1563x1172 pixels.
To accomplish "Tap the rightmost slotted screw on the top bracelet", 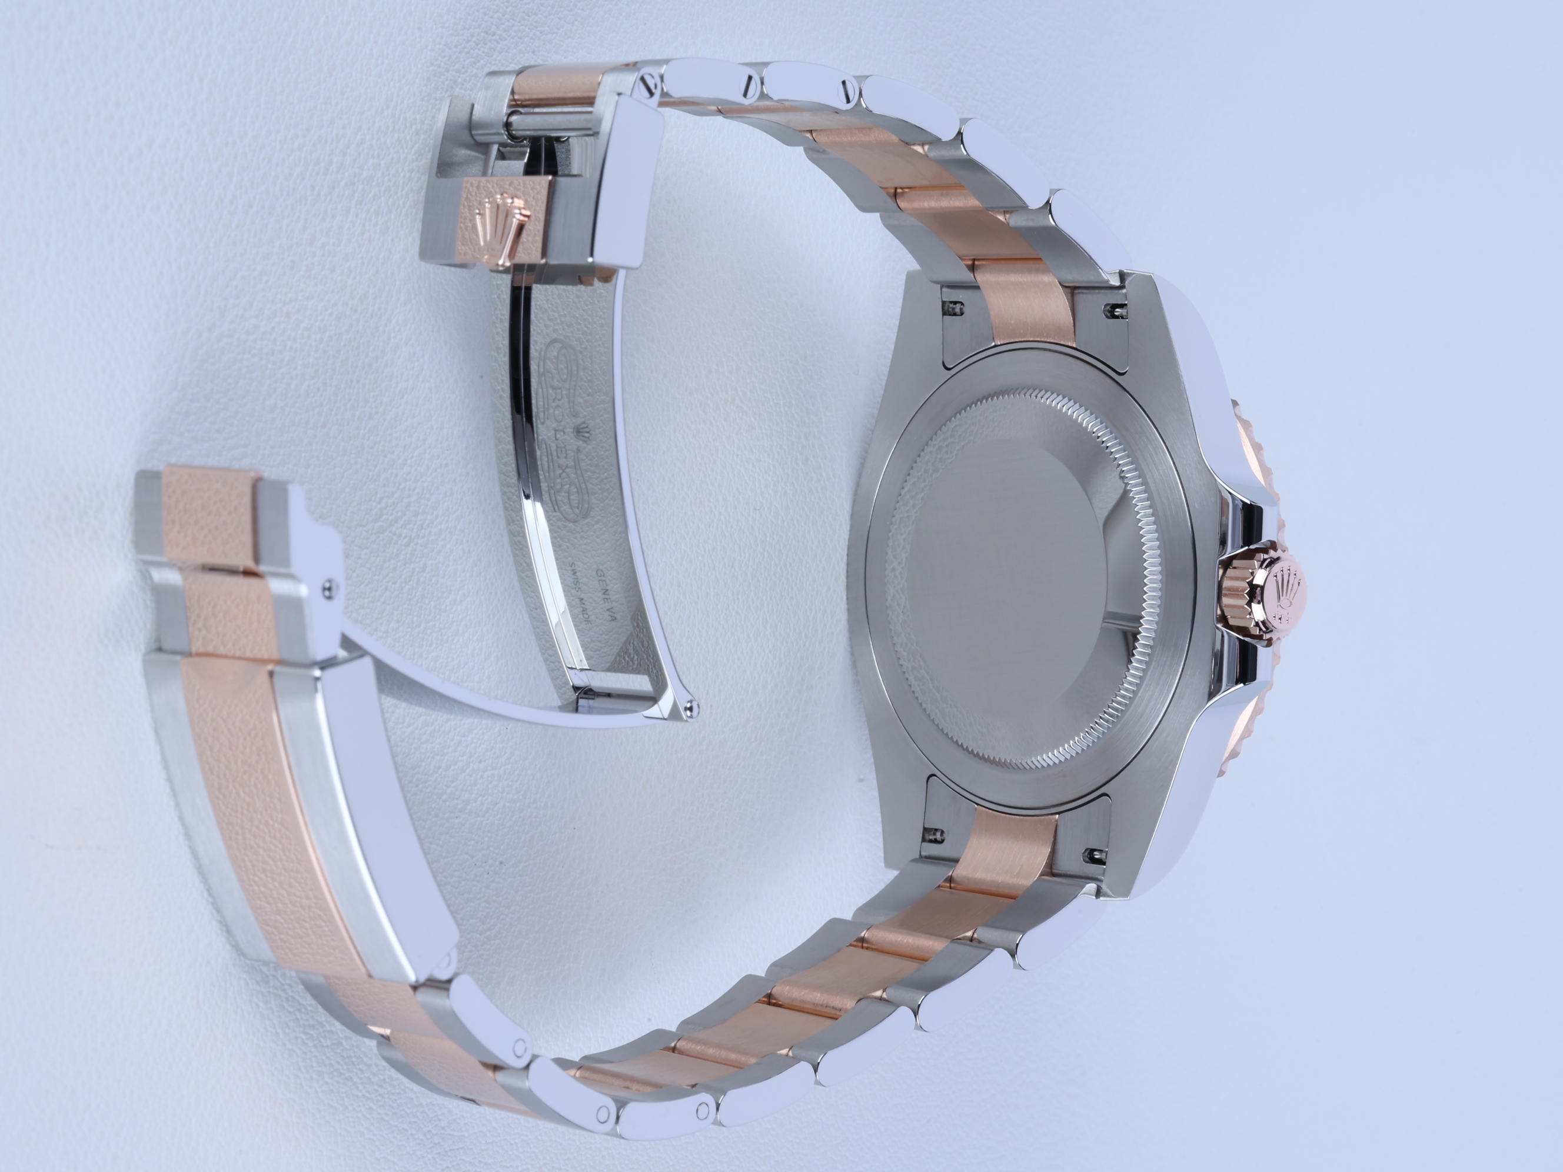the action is coord(846,89).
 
